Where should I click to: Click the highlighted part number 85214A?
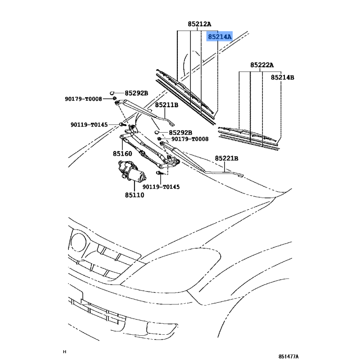pyautogui.click(x=220, y=36)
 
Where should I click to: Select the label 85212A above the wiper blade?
pyautogui.click(x=199, y=24)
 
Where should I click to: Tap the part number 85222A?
pyautogui.click(x=262, y=65)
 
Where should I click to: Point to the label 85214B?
pyautogui.click(x=283, y=77)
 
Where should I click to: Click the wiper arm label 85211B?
pyautogui.click(x=166, y=105)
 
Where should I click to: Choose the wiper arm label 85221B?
pyautogui.click(x=226, y=158)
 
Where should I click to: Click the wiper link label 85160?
pyautogui.click(x=122, y=153)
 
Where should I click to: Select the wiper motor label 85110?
pyautogui.click(x=135, y=195)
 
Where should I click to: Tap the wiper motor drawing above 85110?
pyautogui.click(x=132, y=171)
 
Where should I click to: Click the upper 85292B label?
pyautogui.click(x=136, y=93)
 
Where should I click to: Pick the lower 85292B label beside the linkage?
pyautogui.click(x=180, y=133)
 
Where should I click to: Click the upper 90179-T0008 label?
pyautogui.click(x=83, y=99)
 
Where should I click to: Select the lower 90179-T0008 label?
pyautogui.click(x=190, y=139)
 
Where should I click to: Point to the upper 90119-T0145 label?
pyautogui.click(x=89, y=125)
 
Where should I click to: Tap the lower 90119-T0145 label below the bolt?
pyautogui.click(x=161, y=187)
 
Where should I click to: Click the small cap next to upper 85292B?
pyautogui.click(x=112, y=93)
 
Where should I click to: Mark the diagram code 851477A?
pyautogui.click(x=288, y=356)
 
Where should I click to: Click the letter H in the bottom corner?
pyautogui.click(x=64, y=352)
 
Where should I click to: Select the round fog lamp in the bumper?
pyautogui.click(x=78, y=242)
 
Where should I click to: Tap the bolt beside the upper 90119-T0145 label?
pyautogui.click(x=122, y=125)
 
